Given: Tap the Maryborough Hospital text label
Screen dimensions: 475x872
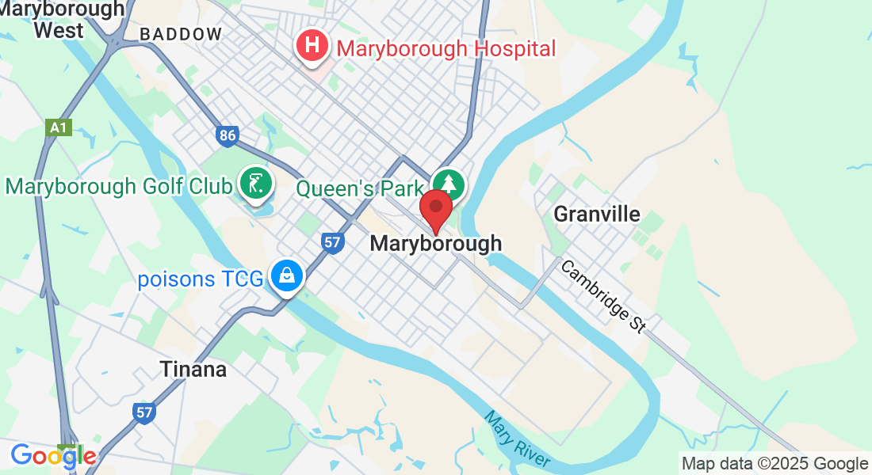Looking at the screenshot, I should (x=446, y=48).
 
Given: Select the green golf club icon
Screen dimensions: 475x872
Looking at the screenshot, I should (x=256, y=184).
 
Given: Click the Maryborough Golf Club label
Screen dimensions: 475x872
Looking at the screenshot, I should (x=119, y=187).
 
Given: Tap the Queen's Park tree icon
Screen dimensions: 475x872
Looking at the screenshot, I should (x=449, y=184).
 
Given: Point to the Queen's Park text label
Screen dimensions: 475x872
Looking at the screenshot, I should (x=360, y=188).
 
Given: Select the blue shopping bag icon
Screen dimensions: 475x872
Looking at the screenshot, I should (x=285, y=276).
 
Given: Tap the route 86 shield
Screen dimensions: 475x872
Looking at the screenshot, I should (x=228, y=136).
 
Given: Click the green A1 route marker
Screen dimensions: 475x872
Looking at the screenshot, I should (x=59, y=127).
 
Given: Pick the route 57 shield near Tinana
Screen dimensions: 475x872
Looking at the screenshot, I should (x=143, y=412).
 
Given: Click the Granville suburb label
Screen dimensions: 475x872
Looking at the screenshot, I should (x=596, y=214).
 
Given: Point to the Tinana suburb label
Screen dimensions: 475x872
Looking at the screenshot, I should (x=193, y=369).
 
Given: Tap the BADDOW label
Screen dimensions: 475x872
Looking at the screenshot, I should (x=181, y=34).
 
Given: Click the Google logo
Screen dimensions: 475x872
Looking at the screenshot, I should (x=53, y=456).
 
